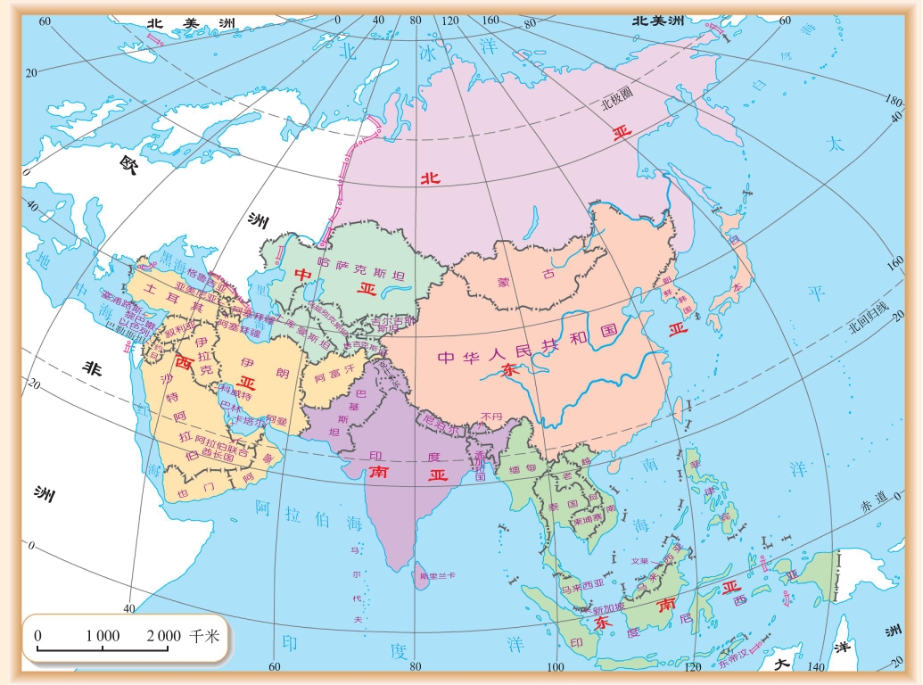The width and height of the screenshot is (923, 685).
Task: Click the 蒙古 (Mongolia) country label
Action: click(517, 284)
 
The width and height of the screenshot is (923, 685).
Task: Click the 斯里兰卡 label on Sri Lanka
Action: click(437, 576)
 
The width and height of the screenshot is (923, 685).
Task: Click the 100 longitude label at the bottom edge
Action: click(555, 668)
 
